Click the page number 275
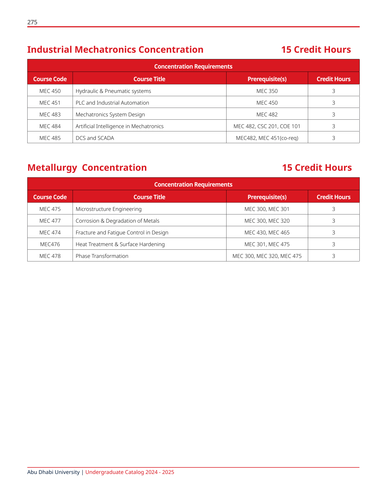click(32, 22)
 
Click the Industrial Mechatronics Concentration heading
click(115, 50)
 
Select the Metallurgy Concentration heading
click(87, 168)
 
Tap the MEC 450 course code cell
click(50, 91)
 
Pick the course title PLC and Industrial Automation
click(112, 103)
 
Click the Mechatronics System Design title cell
click(110, 114)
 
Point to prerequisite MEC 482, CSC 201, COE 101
click(267, 126)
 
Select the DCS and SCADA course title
click(95, 138)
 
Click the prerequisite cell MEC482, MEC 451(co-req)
click(267, 138)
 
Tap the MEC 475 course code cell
click(50, 209)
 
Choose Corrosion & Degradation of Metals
click(117, 221)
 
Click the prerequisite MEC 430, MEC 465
click(267, 232)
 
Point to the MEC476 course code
click(50, 244)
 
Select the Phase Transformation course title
click(102, 256)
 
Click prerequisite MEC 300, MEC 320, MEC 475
click(267, 256)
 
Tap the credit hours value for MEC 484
click(333, 126)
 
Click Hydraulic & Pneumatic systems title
click(113, 91)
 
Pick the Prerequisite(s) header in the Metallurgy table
click(267, 197)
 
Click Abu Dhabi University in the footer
click(53, 472)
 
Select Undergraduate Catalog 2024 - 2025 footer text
click(130, 472)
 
